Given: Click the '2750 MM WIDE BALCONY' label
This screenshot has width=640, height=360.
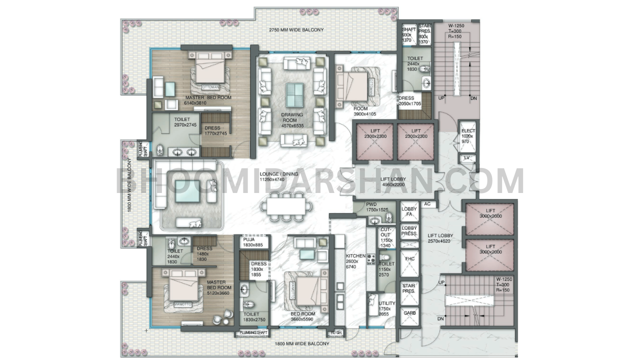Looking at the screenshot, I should click(x=296, y=30).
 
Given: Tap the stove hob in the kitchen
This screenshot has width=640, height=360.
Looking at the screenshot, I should click(x=371, y=259).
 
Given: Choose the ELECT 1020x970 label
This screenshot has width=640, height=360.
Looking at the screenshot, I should click(x=468, y=136).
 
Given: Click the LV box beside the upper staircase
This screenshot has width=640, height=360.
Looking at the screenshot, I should click(x=468, y=158).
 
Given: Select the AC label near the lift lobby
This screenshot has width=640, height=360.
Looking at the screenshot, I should click(x=427, y=204).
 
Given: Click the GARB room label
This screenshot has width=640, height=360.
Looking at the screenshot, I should click(x=409, y=313).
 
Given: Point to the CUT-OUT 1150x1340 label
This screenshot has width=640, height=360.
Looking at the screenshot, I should click(x=385, y=239).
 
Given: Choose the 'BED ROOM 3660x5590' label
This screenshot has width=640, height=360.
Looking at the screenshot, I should click(x=301, y=317).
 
